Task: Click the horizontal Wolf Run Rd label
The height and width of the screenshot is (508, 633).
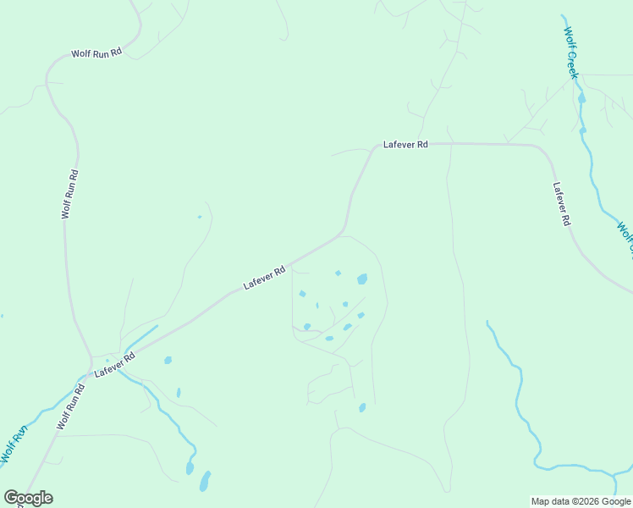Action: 96,52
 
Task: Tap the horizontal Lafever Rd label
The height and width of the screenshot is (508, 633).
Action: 405,145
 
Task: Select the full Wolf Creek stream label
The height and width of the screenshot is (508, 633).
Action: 571,52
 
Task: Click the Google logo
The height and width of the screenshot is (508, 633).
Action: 28,498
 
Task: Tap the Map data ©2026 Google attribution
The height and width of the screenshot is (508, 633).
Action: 581,501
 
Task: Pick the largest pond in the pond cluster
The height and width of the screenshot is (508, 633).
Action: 362,279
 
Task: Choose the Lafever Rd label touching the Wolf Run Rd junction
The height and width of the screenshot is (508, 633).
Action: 115,365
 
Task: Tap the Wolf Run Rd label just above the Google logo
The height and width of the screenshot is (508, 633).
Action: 70,407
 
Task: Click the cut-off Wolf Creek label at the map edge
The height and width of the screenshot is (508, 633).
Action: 625,236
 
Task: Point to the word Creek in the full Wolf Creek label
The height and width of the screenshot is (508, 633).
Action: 573,64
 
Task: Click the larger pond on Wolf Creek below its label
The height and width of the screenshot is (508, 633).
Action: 581,98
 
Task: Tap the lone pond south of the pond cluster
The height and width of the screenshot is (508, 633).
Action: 362,407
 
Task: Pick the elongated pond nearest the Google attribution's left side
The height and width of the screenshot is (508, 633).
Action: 204,482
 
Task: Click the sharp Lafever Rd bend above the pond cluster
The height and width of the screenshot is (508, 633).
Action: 342,230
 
